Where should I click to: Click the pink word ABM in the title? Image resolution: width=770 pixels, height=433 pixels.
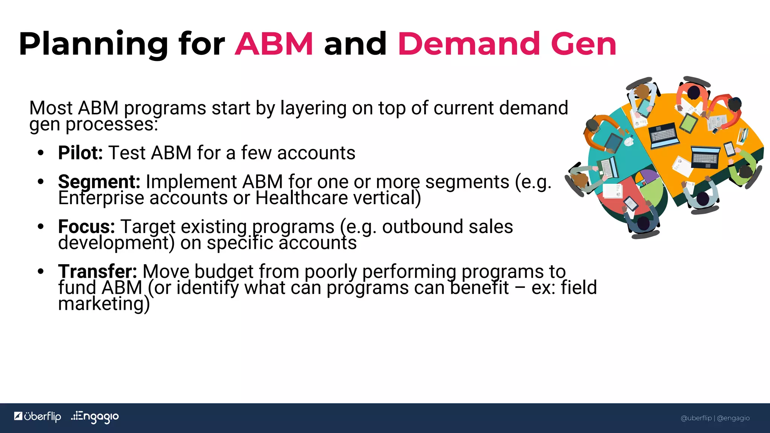click(274, 44)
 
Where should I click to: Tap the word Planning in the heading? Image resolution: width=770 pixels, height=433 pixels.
click(93, 45)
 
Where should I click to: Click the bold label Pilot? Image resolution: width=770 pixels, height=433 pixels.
click(80, 153)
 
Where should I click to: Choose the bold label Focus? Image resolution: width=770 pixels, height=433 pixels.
click(86, 227)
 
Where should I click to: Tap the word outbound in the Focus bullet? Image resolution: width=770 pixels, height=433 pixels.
click(423, 227)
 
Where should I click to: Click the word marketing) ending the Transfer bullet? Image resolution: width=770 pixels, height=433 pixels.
click(104, 304)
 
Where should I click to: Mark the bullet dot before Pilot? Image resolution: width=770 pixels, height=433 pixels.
click(41, 153)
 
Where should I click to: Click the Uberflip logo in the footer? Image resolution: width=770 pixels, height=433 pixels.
click(38, 416)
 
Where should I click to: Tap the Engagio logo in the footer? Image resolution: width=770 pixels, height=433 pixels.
click(95, 417)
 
